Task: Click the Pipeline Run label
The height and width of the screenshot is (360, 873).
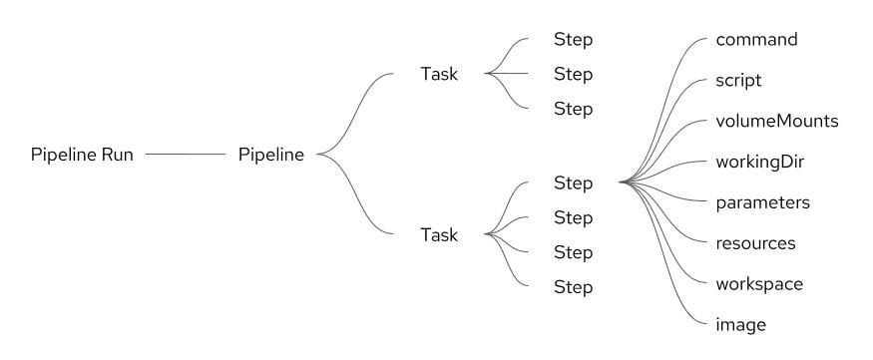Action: tap(82, 155)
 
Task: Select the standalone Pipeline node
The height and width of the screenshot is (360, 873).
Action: tap(271, 155)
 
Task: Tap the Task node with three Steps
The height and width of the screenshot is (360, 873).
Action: tap(439, 74)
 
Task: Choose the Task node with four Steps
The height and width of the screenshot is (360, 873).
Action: tap(439, 235)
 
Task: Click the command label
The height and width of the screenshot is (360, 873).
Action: tap(756, 40)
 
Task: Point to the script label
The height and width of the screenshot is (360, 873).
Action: tap(739, 80)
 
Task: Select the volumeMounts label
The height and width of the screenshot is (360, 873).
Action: tap(777, 121)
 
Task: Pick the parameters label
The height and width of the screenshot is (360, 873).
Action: tap(762, 202)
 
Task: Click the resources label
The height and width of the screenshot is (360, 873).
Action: tap(755, 242)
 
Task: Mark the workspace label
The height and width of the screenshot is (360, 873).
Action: tap(759, 283)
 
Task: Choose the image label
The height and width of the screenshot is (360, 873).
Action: tap(740, 324)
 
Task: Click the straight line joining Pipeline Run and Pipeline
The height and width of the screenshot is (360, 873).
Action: tap(186, 155)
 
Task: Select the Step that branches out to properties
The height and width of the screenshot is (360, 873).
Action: tap(574, 183)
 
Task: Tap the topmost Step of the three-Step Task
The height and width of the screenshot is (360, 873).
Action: tap(574, 40)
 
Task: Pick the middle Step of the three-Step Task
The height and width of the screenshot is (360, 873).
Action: tap(574, 74)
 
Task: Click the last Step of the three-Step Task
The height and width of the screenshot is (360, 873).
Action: tap(574, 109)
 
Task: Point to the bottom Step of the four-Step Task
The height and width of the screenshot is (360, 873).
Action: tap(574, 287)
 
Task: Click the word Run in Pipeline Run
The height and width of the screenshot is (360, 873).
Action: tap(117, 155)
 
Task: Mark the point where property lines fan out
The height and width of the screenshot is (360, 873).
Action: tap(622, 182)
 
